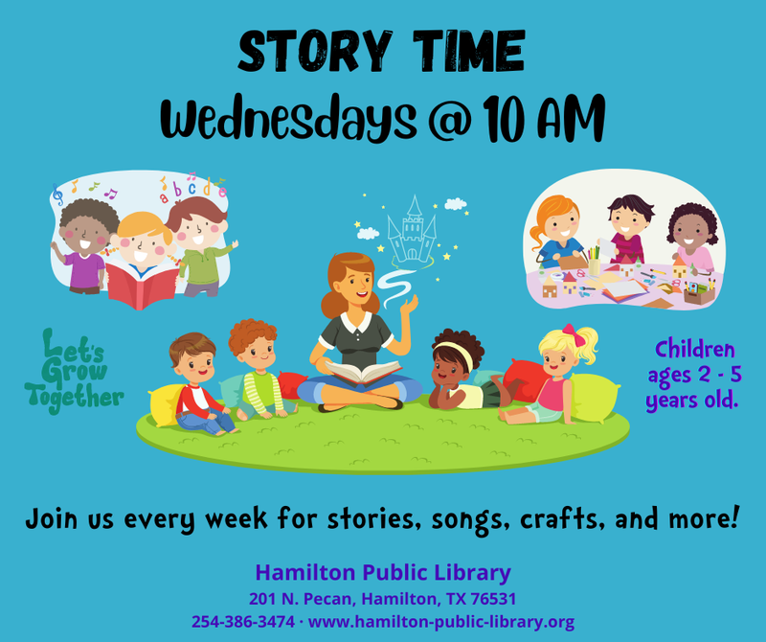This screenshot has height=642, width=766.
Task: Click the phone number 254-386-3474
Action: click(243, 622)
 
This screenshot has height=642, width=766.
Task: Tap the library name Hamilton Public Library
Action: click(383, 573)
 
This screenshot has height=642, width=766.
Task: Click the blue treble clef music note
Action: click(57, 195)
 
